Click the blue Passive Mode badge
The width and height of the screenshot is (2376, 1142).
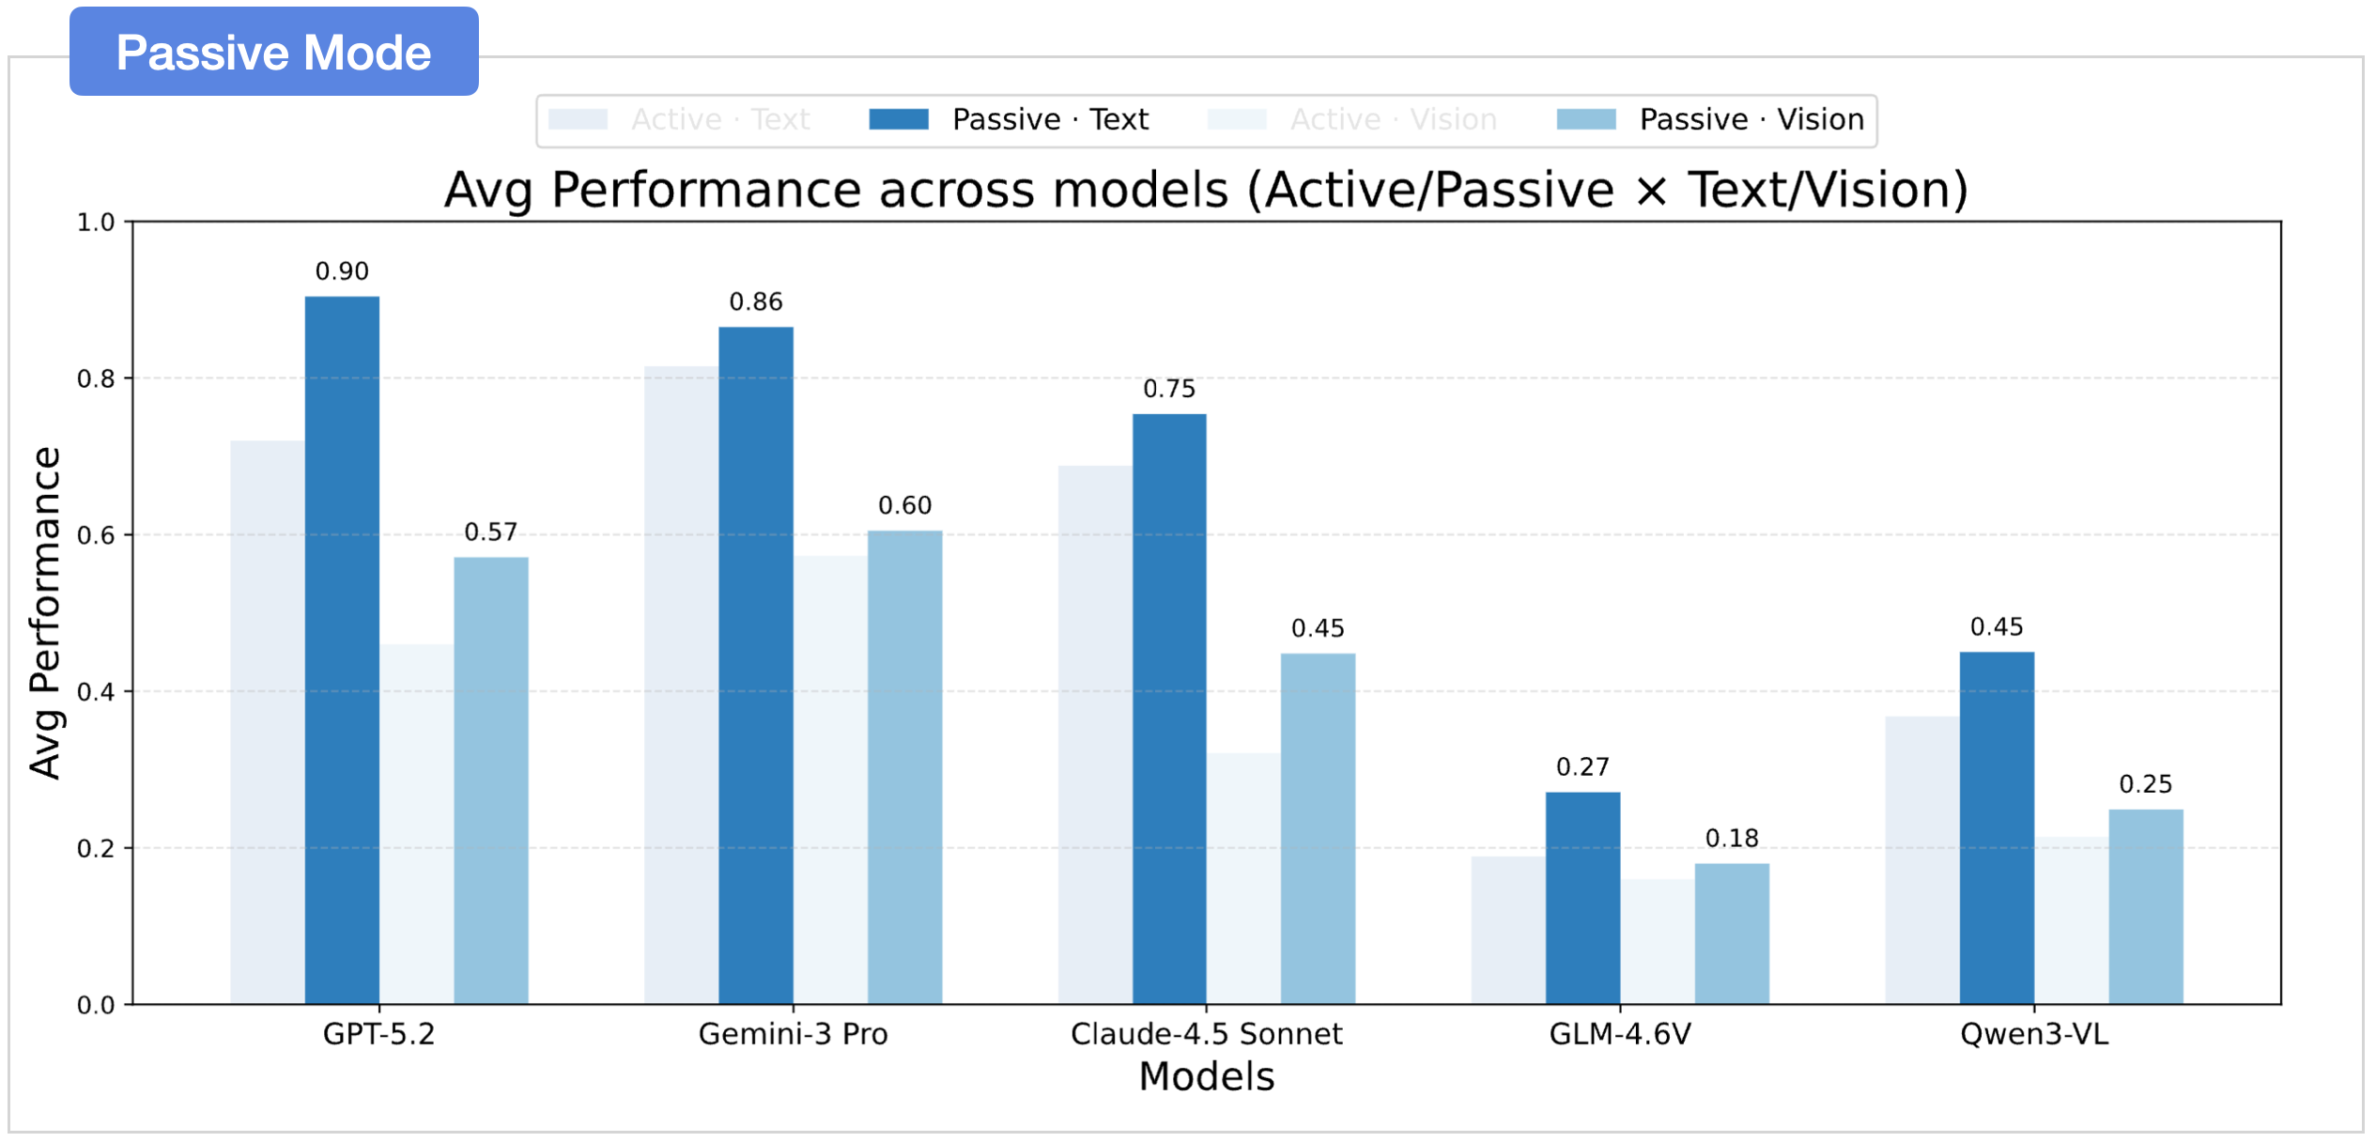pos(273,52)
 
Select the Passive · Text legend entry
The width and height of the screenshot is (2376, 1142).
pos(1009,120)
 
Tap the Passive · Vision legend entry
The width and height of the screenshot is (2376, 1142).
pos(1709,120)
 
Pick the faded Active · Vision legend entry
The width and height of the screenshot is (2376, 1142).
pos(1352,120)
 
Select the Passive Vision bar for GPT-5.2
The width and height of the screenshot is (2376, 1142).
pos(491,780)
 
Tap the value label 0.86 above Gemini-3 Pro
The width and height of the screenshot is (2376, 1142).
pos(756,302)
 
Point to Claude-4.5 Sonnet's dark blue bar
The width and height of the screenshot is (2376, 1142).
pos(1169,709)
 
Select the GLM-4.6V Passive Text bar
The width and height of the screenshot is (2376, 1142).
pos(1582,898)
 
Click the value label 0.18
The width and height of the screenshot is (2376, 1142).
pos(1732,839)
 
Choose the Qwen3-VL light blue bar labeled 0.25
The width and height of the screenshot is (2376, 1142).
pos(2146,906)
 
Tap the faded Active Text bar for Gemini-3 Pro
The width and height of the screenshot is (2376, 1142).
pos(681,685)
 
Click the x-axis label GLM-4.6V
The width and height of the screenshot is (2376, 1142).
pos(1620,1034)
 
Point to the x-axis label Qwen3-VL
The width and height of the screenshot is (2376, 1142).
pos(2034,1034)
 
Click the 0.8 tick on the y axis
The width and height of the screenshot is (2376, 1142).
pos(96,379)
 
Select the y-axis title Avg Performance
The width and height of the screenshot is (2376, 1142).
pos(45,612)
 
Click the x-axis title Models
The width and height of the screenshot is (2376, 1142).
pos(1207,1076)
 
